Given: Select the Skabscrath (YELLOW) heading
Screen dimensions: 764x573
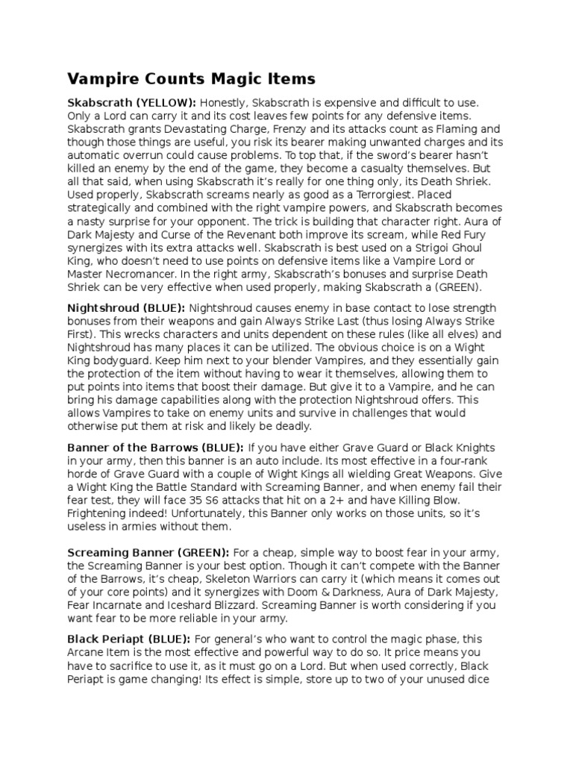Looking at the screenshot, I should [132, 101].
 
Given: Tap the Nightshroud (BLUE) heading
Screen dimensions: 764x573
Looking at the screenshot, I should [125, 308].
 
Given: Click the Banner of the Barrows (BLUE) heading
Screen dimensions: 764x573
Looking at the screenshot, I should [155, 447].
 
